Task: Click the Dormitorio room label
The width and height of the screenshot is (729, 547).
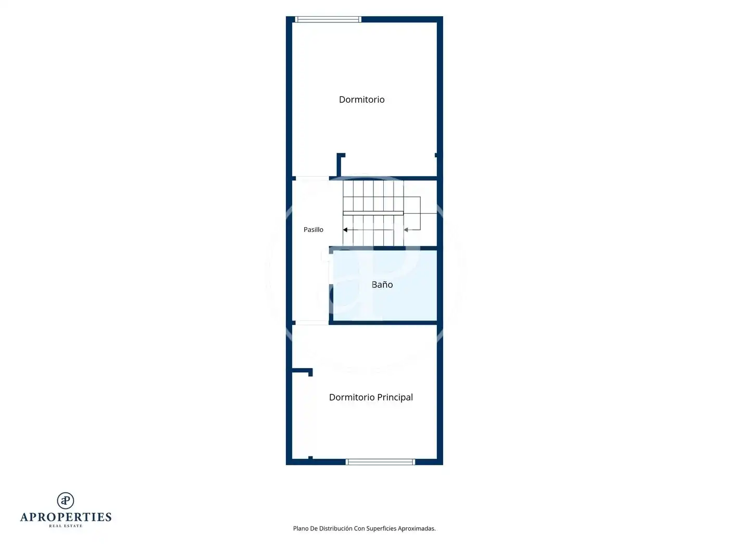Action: point(361,100)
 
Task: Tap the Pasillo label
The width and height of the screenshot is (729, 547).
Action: point(313,230)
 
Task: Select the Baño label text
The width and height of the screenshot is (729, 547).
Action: point(382,284)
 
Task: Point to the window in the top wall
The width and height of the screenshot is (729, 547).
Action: point(328,20)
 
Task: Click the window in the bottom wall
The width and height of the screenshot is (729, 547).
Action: point(380,462)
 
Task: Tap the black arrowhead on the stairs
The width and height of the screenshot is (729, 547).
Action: point(345,230)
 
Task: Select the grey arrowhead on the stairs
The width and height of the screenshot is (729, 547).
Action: point(406,230)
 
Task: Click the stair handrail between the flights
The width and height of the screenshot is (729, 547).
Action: point(373,213)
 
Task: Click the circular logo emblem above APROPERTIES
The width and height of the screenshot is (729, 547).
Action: point(66,501)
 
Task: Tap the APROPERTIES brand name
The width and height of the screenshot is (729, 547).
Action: point(66,517)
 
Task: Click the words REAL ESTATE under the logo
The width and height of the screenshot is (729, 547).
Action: point(66,526)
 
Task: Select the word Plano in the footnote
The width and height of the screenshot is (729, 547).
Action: point(300,528)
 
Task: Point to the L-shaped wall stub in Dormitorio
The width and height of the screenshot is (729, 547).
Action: point(339,165)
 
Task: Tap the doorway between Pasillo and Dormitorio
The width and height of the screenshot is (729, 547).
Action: point(312,178)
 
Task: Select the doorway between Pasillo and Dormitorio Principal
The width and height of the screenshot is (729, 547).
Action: point(312,323)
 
